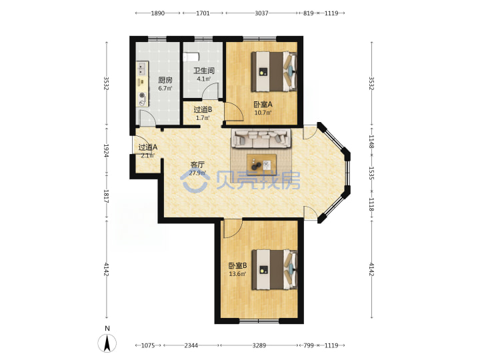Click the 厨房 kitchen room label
coord(165,80)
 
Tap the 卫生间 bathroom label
coord(203,71)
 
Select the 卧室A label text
coord(263,105)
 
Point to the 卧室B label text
coord(237,266)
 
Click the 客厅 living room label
coord(197,165)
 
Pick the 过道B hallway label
coord(203,109)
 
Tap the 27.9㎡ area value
coord(197,173)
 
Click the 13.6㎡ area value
coord(237,274)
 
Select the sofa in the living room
coord(261,139)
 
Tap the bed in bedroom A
coord(274,71)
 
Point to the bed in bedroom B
coord(274,270)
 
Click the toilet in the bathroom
coord(191,57)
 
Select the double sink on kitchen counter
coord(142,69)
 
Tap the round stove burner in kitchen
coord(142,95)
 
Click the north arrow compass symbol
coord(107,343)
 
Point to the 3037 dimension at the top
coord(261,13)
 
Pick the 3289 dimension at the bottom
coord(259,345)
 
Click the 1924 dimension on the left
coord(107,151)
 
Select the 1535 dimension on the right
coord(371,173)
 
